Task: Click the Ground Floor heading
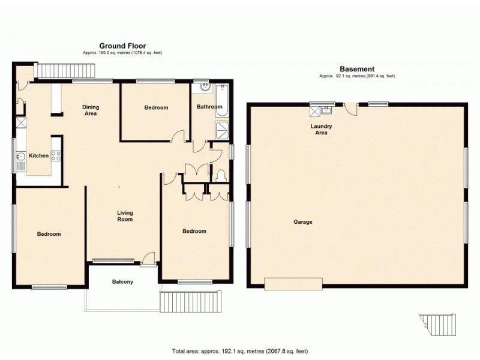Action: (x=122, y=46)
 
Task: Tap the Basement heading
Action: (x=357, y=69)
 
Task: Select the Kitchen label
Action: (x=39, y=156)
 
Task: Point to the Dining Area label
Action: (x=91, y=110)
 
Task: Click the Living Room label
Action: (x=125, y=216)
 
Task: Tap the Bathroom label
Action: (x=209, y=107)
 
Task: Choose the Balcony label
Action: (x=122, y=282)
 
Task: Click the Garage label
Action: (x=302, y=222)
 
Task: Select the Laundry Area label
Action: (x=322, y=129)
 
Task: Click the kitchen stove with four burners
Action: (x=56, y=156)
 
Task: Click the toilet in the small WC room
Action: (x=220, y=175)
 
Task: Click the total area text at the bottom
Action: (x=240, y=351)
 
